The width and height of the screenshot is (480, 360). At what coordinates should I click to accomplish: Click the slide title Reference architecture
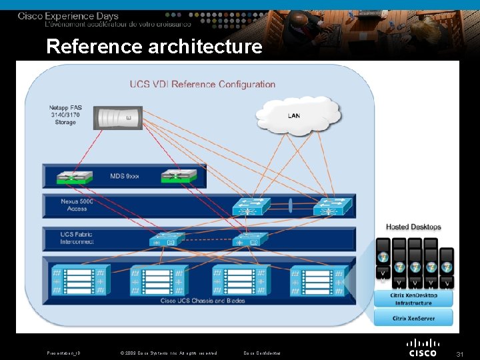coord(154,47)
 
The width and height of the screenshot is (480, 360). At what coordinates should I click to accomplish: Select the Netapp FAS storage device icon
coord(119,118)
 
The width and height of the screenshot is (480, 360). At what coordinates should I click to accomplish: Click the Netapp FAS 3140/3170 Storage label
coord(65,115)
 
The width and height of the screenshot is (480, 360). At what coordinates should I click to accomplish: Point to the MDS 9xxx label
coord(125,177)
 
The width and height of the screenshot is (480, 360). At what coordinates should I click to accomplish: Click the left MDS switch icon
coord(74,177)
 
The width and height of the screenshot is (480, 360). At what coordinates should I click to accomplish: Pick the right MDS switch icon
coord(179,177)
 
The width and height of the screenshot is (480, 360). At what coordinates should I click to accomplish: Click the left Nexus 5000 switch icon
coord(251,207)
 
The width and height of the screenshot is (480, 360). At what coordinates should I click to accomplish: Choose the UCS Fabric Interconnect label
coord(77,238)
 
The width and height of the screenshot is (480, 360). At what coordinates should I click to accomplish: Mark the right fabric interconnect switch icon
coord(251,240)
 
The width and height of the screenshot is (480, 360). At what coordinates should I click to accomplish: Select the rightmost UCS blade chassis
coord(319,280)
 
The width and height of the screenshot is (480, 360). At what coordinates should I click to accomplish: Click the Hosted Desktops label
coord(413,227)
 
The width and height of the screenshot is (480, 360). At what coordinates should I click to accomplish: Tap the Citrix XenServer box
coord(413,318)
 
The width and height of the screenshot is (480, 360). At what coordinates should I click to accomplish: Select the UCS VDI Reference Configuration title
coord(202,84)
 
